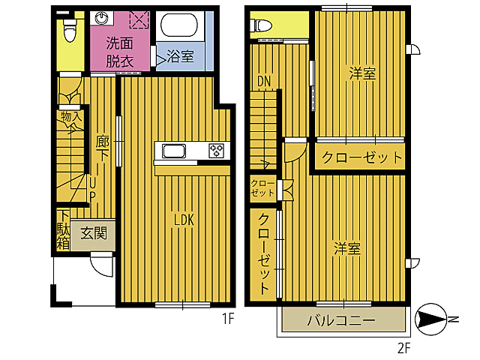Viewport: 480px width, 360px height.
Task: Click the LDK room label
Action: coord(184,220)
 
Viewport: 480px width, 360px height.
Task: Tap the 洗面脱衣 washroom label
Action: coord(120,52)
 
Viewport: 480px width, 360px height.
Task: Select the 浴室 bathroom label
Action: coord(180,56)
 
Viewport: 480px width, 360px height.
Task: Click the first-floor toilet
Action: coord(70,31)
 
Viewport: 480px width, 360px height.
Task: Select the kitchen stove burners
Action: coord(217,151)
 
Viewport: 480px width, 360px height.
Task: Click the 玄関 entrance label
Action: coord(94,233)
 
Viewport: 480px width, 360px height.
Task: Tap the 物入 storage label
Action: coord(70,118)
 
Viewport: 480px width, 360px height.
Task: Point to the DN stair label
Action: coord(263,81)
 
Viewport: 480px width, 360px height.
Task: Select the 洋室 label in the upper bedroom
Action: coord(361,73)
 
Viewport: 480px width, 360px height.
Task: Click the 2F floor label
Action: coord(405,347)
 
